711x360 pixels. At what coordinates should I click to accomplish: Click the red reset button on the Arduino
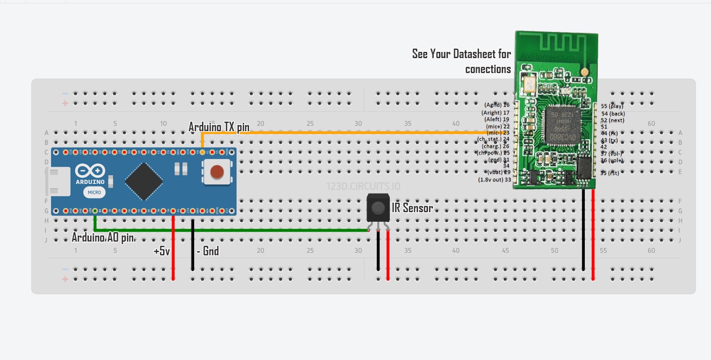pyautogui.click(x=217, y=172)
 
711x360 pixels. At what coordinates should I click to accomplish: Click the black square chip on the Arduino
pyautogui.click(x=144, y=181)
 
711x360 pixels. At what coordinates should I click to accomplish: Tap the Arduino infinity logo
pyautogui.click(x=90, y=171)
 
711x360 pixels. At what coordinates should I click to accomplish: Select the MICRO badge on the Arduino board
pyautogui.click(x=94, y=192)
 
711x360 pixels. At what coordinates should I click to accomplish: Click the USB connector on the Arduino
pyautogui.click(x=59, y=181)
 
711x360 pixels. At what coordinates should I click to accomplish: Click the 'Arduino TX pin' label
pyautogui.click(x=219, y=127)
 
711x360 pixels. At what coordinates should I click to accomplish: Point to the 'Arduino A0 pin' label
pyautogui.click(x=103, y=237)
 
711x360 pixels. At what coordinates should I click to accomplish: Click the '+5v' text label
pyautogui.click(x=162, y=251)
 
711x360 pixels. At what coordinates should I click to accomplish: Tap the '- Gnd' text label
pyautogui.click(x=208, y=251)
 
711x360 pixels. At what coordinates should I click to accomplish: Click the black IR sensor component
pyautogui.click(x=378, y=208)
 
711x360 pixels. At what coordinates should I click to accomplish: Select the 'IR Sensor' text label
pyautogui.click(x=412, y=208)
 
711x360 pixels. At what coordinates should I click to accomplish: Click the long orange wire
pyautogui.click(x=355, y=132)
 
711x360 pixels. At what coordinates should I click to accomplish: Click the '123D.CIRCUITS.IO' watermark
pyautogui.click(x=363, y=186)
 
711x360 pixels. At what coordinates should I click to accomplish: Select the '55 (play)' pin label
pyautogui.click(x=612, y=106)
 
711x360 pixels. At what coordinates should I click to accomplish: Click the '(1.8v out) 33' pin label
pyautogui.click(x=494, y=180)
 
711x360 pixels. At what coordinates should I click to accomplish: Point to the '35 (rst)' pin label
pyautogui.click(x=610, y=173)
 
